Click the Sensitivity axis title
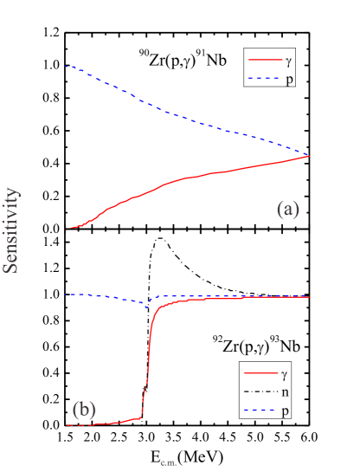11,230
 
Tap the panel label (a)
287,209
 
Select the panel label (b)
84,409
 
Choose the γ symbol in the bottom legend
285,374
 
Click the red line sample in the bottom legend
260,374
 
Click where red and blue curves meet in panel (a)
310,155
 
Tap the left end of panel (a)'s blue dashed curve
67,66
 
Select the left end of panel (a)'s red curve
71,228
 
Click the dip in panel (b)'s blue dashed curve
148,305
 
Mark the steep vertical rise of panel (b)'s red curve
147,364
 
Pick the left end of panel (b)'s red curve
67,425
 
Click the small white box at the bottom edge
168,465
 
